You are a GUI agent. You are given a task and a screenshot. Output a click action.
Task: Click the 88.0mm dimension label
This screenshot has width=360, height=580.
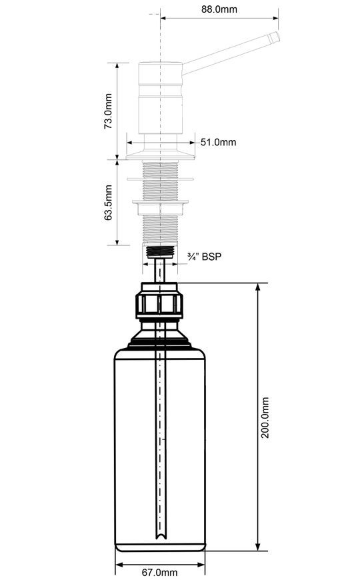[x=219, y=9]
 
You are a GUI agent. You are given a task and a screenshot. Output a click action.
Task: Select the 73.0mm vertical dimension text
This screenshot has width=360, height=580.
[x=108, y=111]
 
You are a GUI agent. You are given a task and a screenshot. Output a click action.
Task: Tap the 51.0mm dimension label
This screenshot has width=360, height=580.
[x=218, y=142]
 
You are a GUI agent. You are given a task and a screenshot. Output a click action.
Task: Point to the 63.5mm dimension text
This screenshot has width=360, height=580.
[x=108, y=203]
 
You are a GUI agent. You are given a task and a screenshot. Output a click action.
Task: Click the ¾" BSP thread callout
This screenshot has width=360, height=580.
[x=205, y=257]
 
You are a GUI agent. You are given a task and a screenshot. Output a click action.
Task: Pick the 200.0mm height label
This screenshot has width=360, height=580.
[x=265, y=417]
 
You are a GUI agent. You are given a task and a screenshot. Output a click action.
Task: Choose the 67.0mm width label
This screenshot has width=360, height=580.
[x=160, y=573]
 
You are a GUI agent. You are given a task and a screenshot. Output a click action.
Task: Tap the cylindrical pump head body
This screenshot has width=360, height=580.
[x=161, y=98]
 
